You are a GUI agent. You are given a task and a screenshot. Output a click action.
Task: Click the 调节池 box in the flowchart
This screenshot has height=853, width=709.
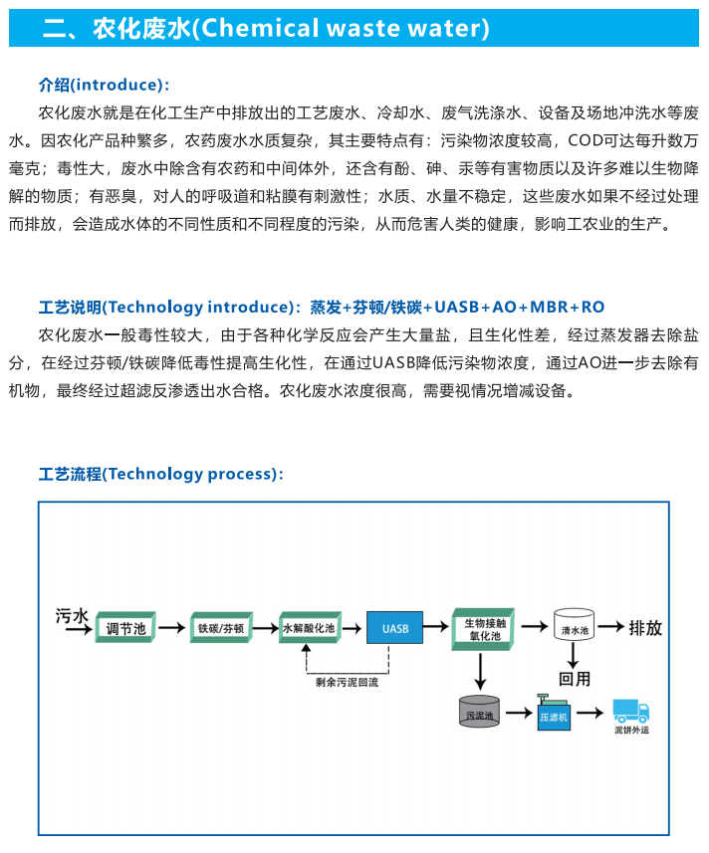pos(125,627)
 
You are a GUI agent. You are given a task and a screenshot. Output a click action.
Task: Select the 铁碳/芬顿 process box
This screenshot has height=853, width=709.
pos(221,627)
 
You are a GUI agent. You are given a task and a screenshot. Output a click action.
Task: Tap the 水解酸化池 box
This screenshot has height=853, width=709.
pos(310,627)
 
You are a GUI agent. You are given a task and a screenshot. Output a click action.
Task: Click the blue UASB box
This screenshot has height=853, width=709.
pos(395,628)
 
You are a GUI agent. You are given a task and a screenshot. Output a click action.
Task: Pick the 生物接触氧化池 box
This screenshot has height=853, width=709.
pos(483,629)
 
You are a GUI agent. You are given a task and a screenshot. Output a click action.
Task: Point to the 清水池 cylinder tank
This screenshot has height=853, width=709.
pos(574,624)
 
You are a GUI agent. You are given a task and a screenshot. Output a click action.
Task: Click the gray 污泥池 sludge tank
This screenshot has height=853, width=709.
pos(479,711)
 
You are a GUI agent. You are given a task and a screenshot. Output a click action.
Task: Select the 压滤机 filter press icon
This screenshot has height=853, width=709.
pos(554,712)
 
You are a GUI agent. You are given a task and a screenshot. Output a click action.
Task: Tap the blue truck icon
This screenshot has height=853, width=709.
pos(631,711)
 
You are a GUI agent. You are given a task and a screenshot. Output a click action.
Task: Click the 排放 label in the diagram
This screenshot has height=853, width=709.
pos(645,628)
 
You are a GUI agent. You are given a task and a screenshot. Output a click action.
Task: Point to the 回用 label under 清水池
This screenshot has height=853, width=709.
pos(574,679)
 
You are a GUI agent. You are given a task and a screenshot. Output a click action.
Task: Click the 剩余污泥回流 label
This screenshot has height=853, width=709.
pos(347,682)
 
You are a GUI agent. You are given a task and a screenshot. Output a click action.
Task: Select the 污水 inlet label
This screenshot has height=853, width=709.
pos(72,616)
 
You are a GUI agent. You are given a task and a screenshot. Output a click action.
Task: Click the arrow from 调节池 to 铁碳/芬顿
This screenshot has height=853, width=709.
pos(172,628)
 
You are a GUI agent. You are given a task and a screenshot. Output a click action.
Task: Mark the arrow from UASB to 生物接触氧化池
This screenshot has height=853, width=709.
pos(436,627)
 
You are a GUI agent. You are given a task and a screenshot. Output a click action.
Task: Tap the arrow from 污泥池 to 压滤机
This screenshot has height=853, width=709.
pos(519,712)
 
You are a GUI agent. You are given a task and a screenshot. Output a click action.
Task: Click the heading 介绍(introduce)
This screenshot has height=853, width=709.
pos(104,85)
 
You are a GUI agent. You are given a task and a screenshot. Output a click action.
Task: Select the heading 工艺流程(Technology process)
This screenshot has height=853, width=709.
pos(161,474)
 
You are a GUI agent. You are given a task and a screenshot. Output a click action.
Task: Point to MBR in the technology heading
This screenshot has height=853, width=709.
pos(549,308)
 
